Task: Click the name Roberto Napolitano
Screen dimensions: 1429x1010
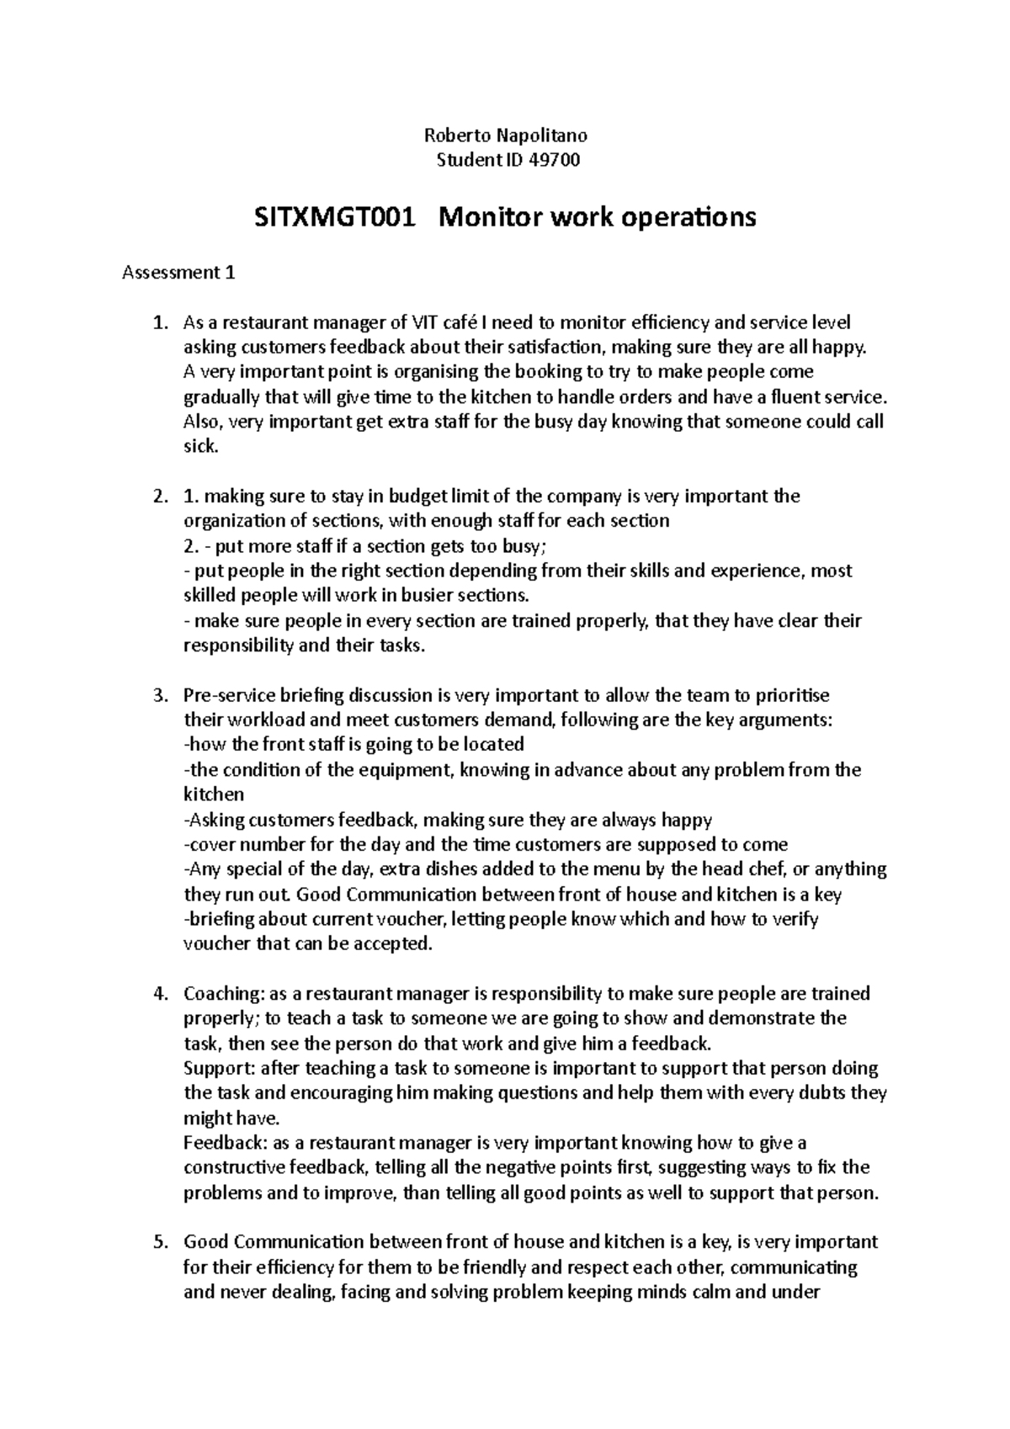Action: tap(505, 135)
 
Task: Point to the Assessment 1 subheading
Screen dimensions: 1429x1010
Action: tap(179, 273)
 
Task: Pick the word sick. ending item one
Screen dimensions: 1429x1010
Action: tap(200, 447)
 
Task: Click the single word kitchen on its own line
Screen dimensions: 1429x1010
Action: tap(214, 794)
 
